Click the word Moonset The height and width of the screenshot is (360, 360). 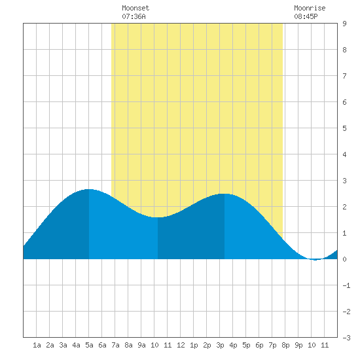click(135, 8)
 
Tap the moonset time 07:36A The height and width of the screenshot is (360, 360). click(134, 16)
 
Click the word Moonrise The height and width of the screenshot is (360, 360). click(310, 8)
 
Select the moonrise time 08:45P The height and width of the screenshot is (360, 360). click(306, 16)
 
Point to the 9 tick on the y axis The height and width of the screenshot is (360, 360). click(344, 24)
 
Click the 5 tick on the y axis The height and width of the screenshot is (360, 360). click(344, 128)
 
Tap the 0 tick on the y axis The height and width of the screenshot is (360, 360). click(344, 259)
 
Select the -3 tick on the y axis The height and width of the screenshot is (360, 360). click(346, 338)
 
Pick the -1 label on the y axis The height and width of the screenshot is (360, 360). click(346, 285)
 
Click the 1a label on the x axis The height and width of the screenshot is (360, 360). click(37, 345)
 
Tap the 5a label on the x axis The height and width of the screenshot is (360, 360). click(89, 345)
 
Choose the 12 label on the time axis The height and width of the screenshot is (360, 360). click(181, 345)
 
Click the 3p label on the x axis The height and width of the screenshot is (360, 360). click(220, 345)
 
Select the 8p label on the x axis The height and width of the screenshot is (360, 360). click(285, 345)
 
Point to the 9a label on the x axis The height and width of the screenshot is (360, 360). click(141, 345)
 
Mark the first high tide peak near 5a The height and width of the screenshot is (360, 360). click(89, 189)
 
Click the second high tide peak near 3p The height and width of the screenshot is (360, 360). click(225, 194)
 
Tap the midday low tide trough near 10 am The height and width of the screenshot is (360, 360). click(158, 217)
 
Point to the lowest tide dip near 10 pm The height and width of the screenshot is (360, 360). click(315, 260)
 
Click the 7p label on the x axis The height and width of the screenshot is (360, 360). click(272, 345)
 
